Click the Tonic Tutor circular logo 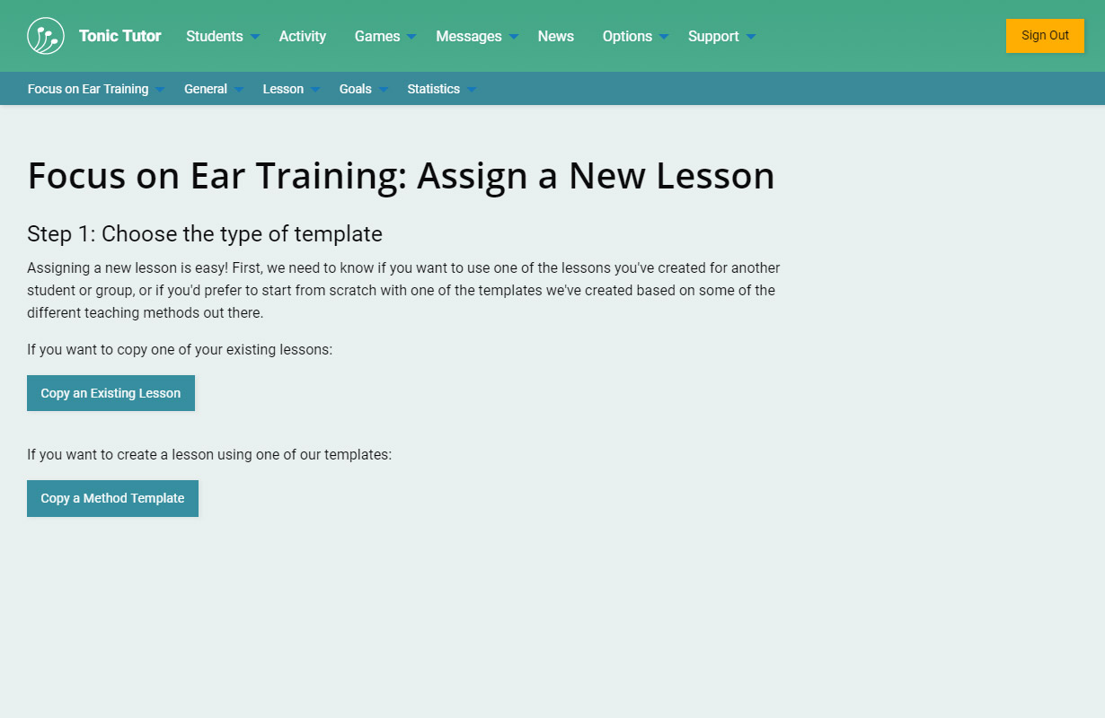(46, 36)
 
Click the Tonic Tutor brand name (119, 36)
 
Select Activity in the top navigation (303, 36)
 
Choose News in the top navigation (555, 36)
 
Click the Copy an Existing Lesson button (111, 393)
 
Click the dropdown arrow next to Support (751, 37)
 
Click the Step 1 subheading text (205, 233)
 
